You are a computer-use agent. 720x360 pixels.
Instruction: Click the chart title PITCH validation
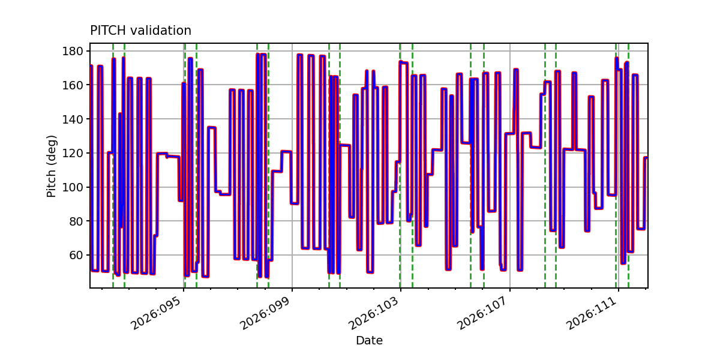[x=140, y=31]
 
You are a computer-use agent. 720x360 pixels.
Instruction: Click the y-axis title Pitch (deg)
[x=52, y=166]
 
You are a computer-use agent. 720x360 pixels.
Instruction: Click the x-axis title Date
[x=369, y=341]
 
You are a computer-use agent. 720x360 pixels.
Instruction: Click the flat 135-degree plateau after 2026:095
[x=211, y=127]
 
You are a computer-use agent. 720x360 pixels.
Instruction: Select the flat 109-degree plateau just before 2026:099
[x=277, y=171]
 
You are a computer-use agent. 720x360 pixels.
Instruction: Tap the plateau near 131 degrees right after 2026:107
[x=510, y=133]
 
